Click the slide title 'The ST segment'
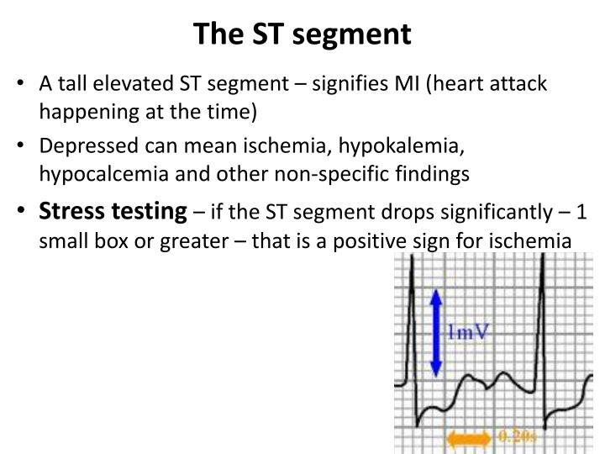(302, 34)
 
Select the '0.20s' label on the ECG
(517, 436)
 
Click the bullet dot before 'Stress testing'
(26, 212)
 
